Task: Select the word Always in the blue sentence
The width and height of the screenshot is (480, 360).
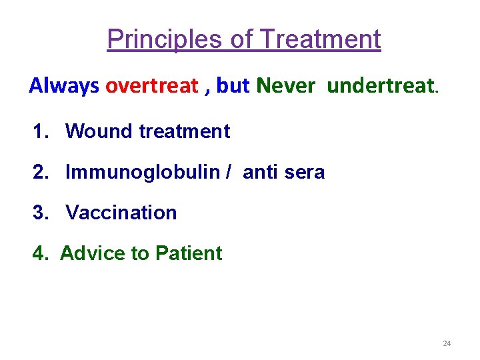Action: pos(64,85)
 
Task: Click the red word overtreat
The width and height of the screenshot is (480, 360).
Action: pos(151,85)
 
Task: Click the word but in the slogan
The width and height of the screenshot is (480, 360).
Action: pos(233,85)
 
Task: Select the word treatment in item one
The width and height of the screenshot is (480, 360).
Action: pos(185,131)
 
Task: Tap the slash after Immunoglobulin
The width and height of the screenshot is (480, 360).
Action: pos(229,172)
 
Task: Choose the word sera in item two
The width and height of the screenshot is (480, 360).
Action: pos(304,172)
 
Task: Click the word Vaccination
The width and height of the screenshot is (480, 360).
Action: pos(121,213)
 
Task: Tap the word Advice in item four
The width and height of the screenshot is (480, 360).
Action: pos(91,253)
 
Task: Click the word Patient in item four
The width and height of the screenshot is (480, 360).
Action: pos(189,253)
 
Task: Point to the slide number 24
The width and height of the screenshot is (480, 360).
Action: pos(447,343)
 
